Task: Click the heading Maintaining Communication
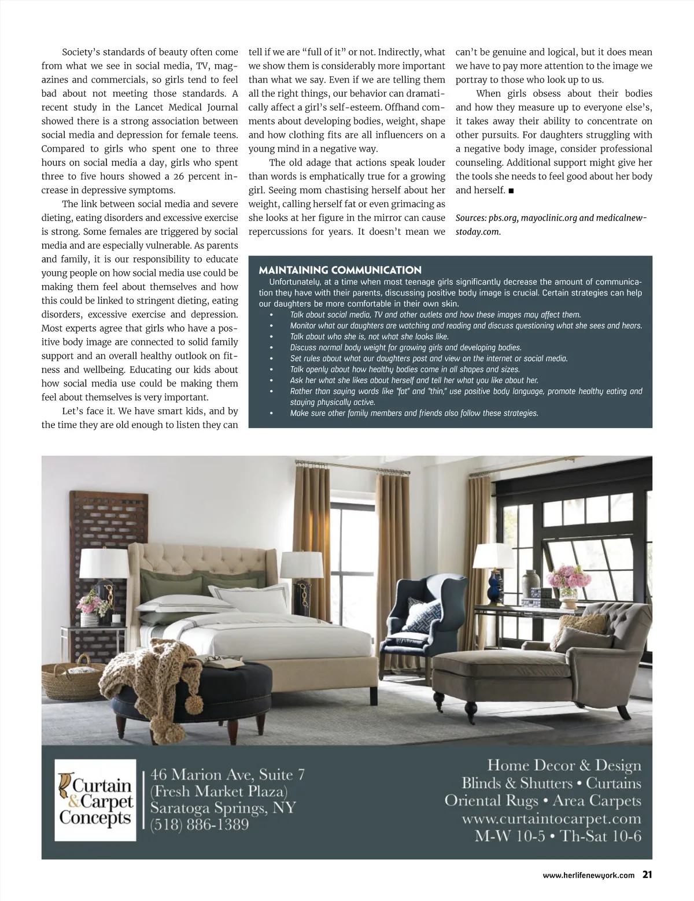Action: pos(340,270)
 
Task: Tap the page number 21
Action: pos(647,875)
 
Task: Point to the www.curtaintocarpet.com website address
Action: pos(552,819)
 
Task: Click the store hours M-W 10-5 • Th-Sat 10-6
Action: pos(558,836)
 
